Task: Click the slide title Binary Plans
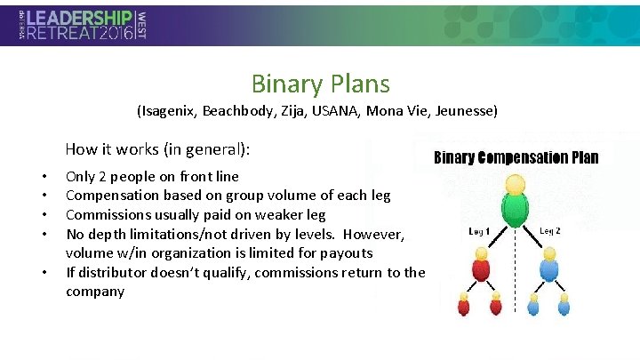(320, 84)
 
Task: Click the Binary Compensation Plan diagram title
(516, 158)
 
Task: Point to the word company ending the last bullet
(95, 292)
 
